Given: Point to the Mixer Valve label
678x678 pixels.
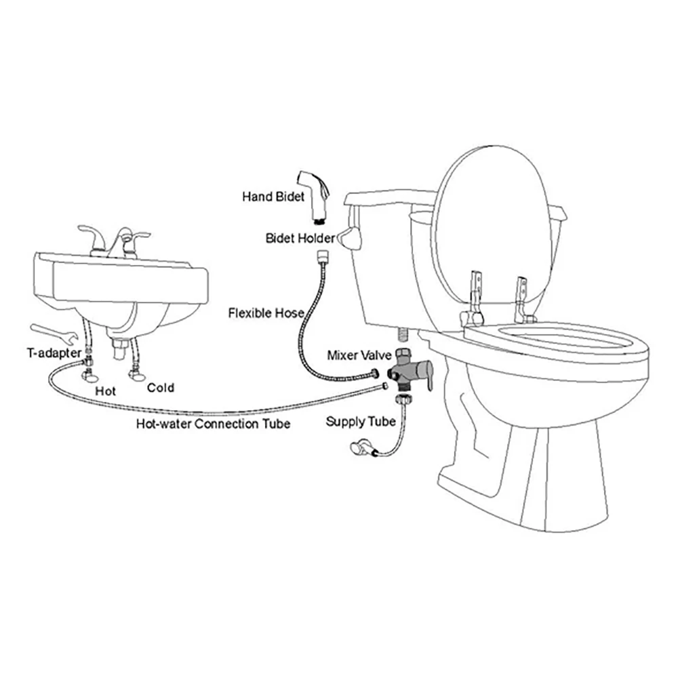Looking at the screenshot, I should (359, 355).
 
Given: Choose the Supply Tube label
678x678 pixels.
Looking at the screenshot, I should (360, 422).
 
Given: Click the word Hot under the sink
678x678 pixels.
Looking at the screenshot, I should (106, 391).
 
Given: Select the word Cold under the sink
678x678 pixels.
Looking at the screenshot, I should (161, 388).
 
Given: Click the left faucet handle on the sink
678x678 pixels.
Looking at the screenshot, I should (91, 238).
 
